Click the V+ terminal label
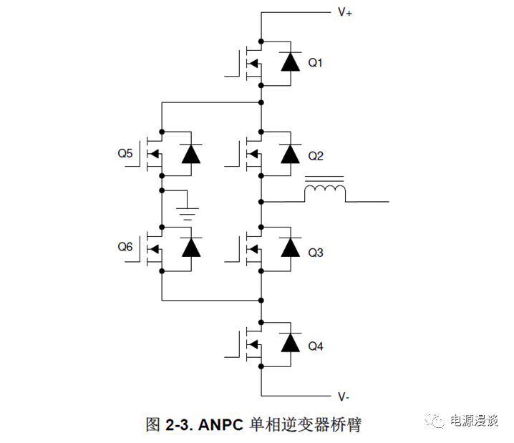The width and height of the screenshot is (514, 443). click(x=344, y=13)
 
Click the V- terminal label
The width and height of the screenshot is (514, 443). click(x=344, y=396)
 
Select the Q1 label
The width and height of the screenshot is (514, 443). click(x=316, y=63)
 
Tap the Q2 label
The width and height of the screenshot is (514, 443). click(x=316, y=155)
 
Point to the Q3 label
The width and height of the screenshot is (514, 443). click(x=316, y=253)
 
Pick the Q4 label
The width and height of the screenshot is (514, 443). click(x=316, y=346)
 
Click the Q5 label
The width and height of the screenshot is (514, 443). click(x=125, y=153)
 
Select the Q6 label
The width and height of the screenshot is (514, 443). click(x=125, y=247)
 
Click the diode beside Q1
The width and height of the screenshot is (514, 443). click(x=290, y=62)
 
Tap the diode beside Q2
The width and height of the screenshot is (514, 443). click(x=290, y=154)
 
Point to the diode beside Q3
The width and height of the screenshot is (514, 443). click(x=290, y=248)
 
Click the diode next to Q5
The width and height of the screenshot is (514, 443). click(x=190, y=154)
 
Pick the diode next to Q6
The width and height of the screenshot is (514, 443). click(x=190, y=248)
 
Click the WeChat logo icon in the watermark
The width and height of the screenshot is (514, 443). click(x=437, y=420)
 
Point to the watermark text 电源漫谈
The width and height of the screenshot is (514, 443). click(x=473, y=421)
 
